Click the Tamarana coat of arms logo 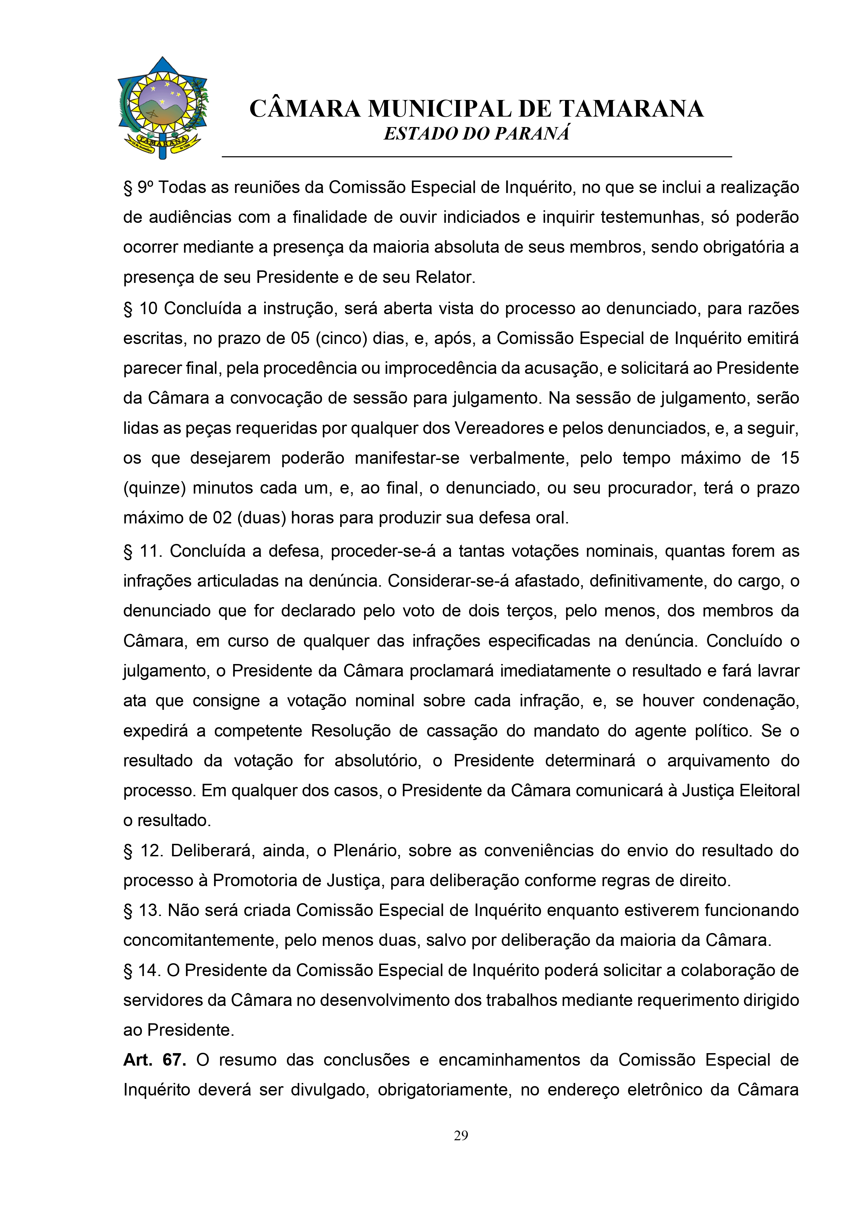[163, 108]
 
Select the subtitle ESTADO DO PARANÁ [476, 134]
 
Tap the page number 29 [461, 1136]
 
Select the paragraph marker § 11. [143, 551]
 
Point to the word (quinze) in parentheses [154, 488]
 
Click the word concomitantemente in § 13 [200, 941]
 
